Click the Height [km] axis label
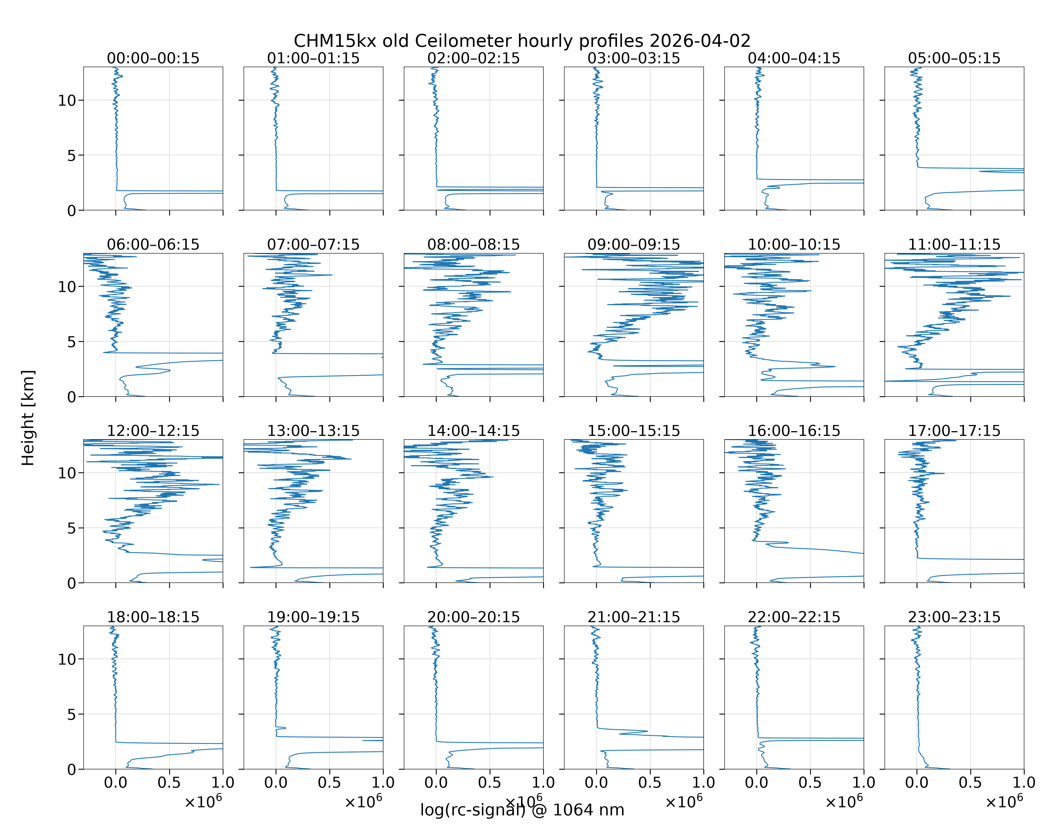[x=28, y=418]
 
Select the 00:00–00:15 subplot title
[x=153, y=58]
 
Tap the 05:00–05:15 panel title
[x=954, y=58]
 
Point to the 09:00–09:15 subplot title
[x=633, y=244]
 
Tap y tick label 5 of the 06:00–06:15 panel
[x=72, y=342]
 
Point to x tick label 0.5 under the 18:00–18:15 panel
[x=169, y=783]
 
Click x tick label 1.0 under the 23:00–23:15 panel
[x=1024, y=783]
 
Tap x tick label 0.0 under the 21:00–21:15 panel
[x=596, y=783]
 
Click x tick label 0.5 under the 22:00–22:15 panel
[x=810, y=783]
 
